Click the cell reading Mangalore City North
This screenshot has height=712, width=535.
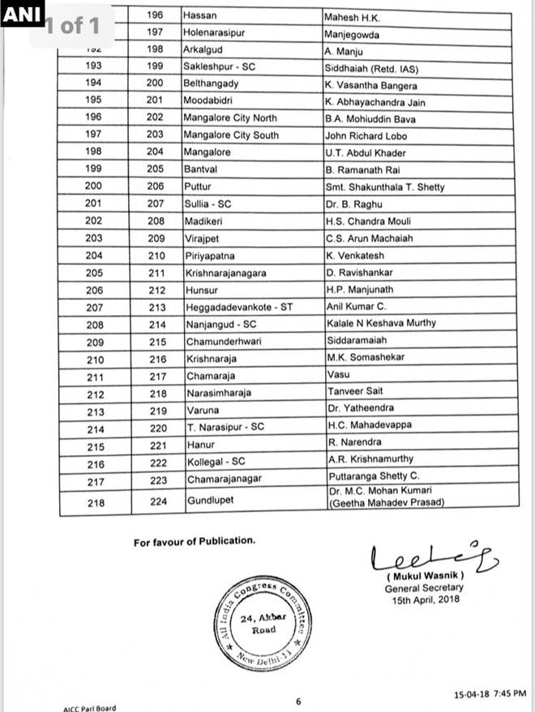[x=231, y=118]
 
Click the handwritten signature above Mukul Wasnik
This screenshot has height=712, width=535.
[x=434, y=556]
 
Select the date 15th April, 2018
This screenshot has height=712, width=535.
[x=424, y=599]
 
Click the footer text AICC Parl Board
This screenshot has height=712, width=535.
[x=89, y=708]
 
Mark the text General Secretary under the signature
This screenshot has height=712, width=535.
[x=424, y=588]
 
